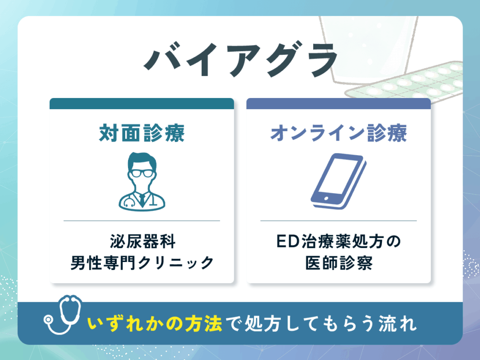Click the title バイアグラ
pyautogui.click(x=240, y=62)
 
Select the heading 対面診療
pyautogui.click(x=142, y=133)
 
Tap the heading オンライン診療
pyautogui.click(x=338, y=133)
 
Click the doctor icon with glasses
pyautogui.click(x=142, y=180)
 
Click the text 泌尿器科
pyautogui.click(x=142, y=243)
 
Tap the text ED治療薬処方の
pyautogui.click(x=338, y=243)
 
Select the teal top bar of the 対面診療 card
pyautogui.click(x=142, y=104)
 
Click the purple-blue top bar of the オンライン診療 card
pyautogui.click(x=338, y=104)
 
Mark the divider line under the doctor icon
pyautogui.click(x=142, y=220)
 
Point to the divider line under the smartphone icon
pyautogui.click(x=338, y=220)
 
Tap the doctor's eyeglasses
pyautogui.click(x=142, y=172)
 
